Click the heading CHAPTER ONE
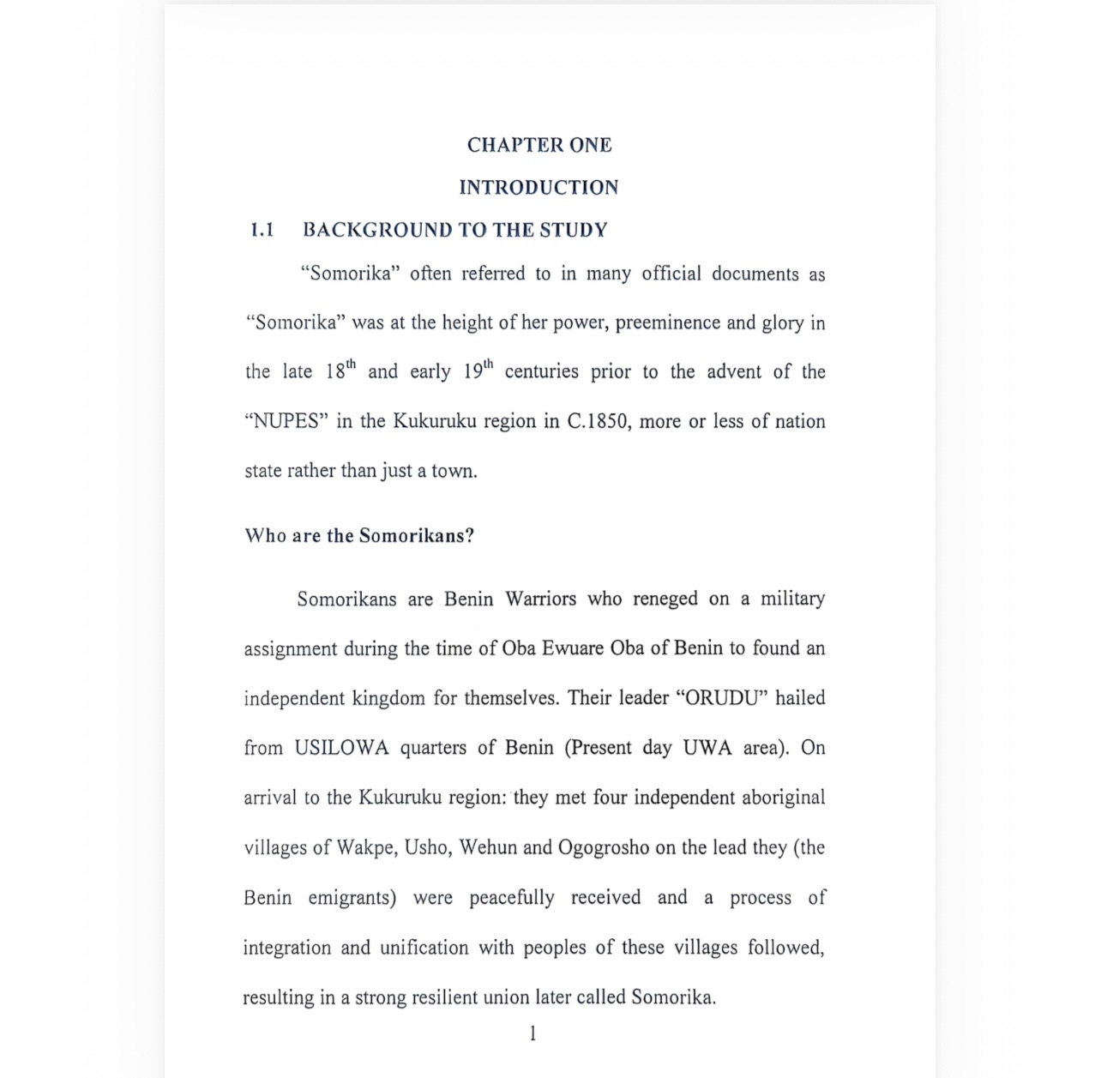coord(538,145)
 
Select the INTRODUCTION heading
coord(538,187)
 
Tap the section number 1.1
coord(262,230)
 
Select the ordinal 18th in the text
coord(340,370)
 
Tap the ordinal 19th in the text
coord(478,370)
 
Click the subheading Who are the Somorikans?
coord(359,536)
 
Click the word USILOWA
coord(341,747)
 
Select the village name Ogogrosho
coord(604,847)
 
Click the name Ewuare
coord(573,647)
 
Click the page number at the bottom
coord(532,1033)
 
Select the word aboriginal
coord(783,797)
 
